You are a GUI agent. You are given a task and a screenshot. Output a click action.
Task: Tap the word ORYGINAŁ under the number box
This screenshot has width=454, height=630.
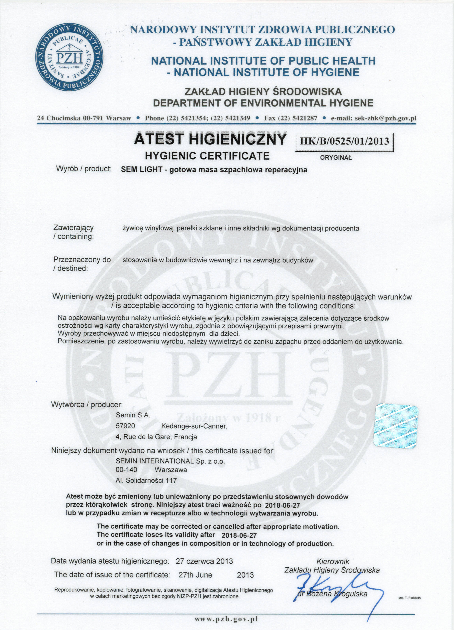[x=336, y=157]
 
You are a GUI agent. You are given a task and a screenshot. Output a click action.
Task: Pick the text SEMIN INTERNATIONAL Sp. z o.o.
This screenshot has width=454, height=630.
[x=170, y=461]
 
